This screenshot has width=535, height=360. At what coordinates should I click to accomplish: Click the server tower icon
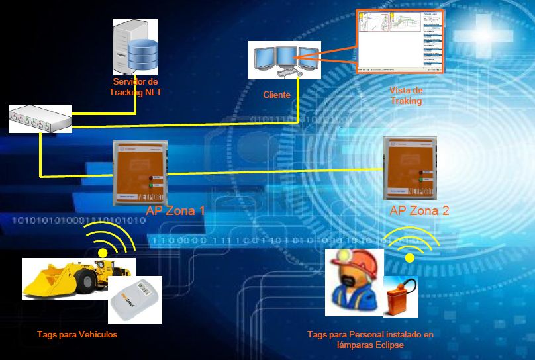(128, 46)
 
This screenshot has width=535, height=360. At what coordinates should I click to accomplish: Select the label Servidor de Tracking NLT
(136, 87)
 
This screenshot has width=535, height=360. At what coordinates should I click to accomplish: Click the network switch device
(40, 118)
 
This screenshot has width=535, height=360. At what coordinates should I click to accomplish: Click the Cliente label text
(277, 95)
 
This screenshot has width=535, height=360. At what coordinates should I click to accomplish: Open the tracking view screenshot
(400, 41)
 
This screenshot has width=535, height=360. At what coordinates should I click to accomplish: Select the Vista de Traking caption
(407, 96)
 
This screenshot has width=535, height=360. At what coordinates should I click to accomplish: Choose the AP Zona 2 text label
(419, 211)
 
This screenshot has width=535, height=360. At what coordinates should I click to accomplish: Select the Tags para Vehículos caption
(77, 335)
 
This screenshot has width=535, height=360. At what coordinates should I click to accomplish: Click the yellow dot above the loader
(103, 253)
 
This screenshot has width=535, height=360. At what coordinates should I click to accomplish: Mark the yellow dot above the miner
(410, 258)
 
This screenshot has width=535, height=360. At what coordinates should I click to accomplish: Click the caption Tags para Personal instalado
(370, 335)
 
